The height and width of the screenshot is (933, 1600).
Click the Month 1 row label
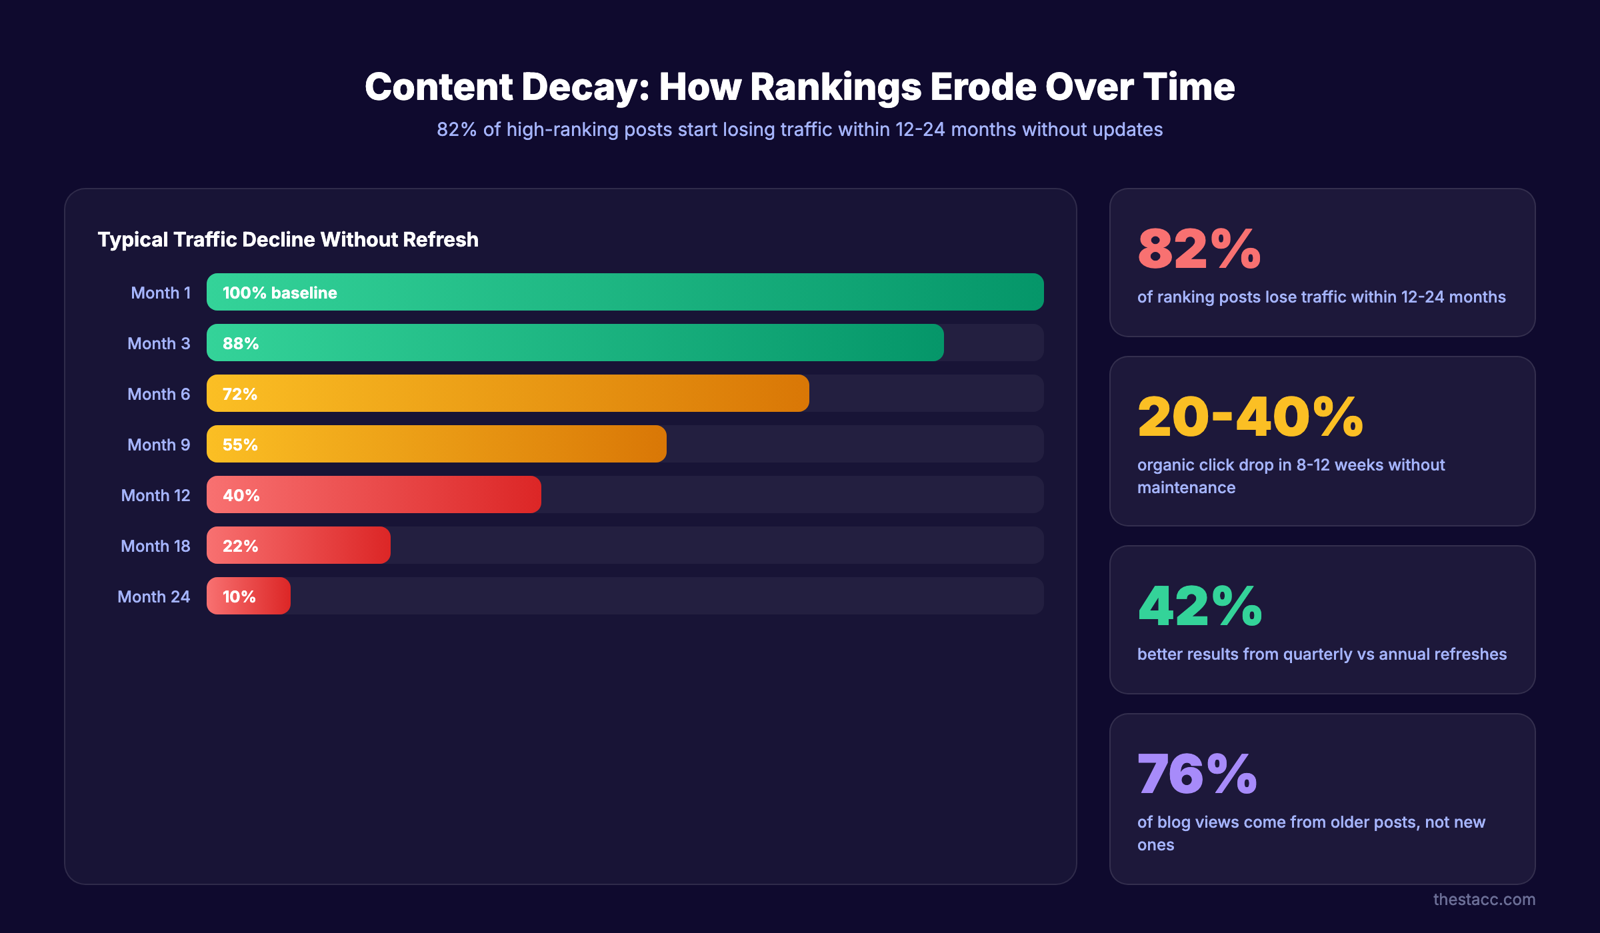coord(161,293)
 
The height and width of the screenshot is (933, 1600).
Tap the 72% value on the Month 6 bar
coord(240,394)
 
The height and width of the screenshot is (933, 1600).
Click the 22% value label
coord(240,546)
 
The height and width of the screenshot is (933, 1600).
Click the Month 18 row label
coord(155,546)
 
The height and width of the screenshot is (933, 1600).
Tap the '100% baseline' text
coord(280,293)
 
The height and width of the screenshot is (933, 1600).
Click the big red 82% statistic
coord(1199,249)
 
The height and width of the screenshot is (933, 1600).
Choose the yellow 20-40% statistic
coord(1250,417)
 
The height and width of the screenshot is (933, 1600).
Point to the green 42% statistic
coord(1200,606)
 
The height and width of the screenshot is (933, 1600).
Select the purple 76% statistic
coord(1197,774)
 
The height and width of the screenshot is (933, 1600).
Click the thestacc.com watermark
coord(1484,899)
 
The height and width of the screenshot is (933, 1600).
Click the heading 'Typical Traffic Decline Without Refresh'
coord(288,239)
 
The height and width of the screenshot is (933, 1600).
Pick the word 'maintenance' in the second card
coord(1186,488)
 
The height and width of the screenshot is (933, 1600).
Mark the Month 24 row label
coord(153,596)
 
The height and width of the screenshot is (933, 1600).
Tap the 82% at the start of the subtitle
coord(457,129)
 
